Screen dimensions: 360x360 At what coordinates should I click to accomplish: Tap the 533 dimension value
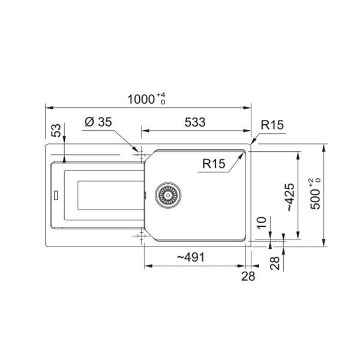195,122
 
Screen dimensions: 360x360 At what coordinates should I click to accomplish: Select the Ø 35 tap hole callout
98,122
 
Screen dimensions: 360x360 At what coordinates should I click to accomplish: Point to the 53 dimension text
56,130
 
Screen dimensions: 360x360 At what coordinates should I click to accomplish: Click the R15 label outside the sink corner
272,125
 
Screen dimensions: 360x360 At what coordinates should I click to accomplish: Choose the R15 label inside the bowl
214,164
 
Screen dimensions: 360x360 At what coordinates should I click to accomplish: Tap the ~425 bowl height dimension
290,197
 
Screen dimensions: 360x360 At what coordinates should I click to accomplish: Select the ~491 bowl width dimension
191,257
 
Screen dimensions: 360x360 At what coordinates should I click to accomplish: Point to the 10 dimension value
262,223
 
